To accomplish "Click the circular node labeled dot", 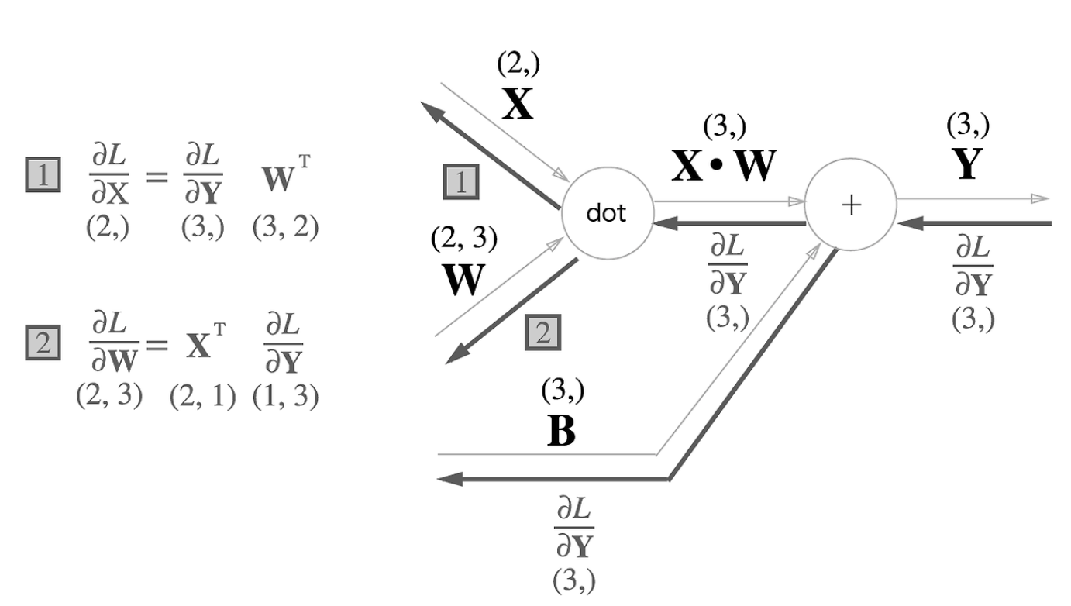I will point(606,214).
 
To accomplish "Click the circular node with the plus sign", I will point(851,205).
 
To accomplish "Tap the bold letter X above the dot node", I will point(518,105).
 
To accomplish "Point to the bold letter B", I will point(561,432).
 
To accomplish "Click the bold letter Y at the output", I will point(966,164).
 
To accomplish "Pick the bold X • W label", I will point(722,166).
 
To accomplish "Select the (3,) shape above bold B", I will point(562,391).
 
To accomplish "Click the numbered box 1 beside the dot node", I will point(460,183).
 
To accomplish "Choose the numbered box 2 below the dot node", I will point(543,332).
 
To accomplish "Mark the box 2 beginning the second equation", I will point(43,341).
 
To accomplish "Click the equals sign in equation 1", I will point(157,178).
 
